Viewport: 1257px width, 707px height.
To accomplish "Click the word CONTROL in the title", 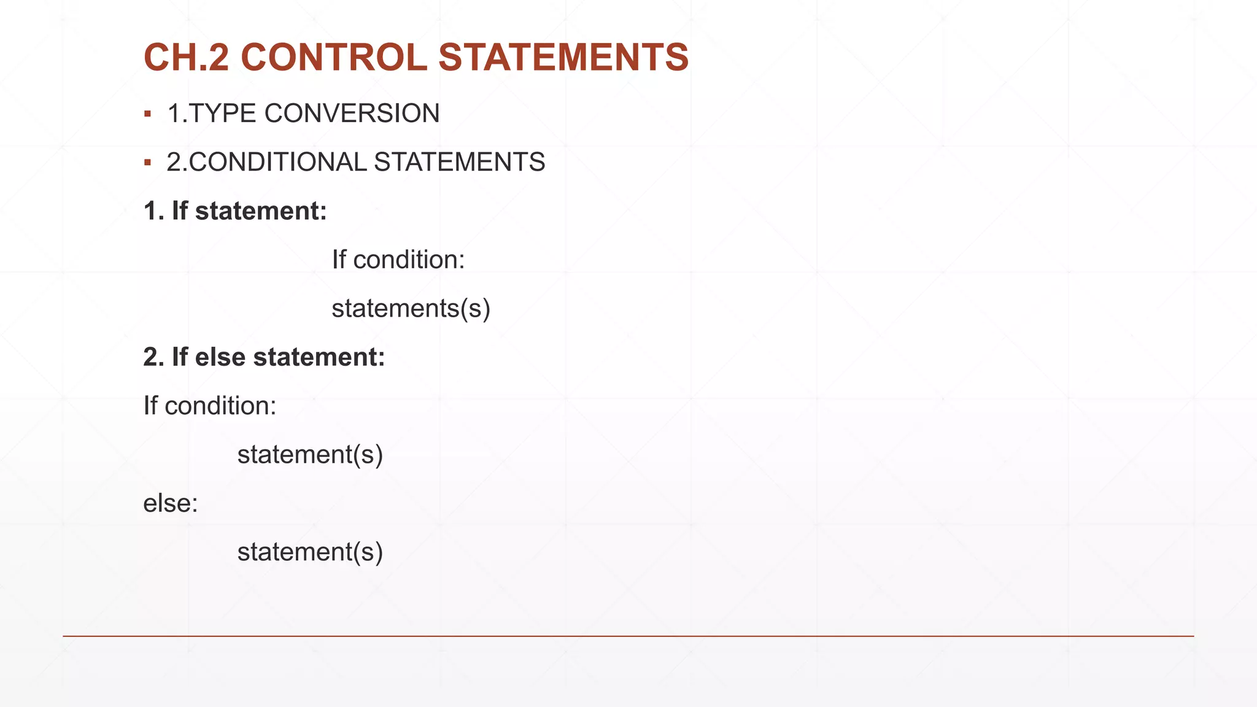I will pos(334,58).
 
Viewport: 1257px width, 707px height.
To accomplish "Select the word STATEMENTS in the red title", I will pos(563,58).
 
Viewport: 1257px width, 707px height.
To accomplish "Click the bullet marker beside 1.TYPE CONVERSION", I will pos(147,114).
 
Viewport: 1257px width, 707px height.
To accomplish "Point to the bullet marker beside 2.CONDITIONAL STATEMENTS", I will pos(147,163).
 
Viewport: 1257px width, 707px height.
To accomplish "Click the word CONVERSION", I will pos(352,114).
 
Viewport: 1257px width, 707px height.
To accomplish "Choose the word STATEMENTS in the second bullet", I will pos(459,163).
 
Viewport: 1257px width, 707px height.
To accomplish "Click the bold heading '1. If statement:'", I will pos(235,211).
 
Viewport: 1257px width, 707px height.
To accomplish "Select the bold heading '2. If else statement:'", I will pos(264,357).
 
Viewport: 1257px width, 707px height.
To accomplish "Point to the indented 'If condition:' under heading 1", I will pos(398,260).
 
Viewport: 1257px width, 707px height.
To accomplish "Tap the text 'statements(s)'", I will pos(411,308).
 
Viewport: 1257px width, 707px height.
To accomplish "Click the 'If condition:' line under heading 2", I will pos(210,406).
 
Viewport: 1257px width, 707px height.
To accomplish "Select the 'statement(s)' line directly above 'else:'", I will pos(310,455).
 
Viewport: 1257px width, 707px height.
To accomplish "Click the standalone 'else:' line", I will pos(171,503).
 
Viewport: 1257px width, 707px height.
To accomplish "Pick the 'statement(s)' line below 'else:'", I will pos(310,552).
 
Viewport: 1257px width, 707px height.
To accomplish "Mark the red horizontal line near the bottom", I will pos(628,636).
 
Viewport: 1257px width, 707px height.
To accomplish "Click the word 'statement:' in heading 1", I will pos(261,211).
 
